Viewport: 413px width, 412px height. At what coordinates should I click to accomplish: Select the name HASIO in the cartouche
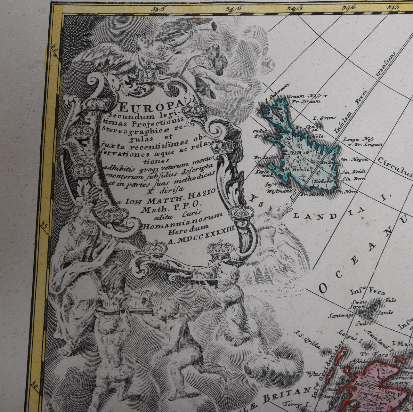pos(203,193)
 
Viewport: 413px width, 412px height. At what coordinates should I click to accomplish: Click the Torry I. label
pos(297,405)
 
